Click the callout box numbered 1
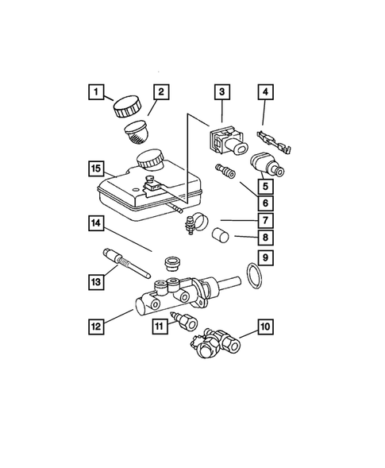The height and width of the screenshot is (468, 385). [x=96, y=92]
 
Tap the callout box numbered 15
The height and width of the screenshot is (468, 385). [x=96, y=169]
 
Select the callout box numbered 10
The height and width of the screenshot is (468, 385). [x=265, y=327]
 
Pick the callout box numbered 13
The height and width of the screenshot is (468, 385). [x=96, y=282]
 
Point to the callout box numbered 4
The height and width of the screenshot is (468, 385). [x=265, y=92]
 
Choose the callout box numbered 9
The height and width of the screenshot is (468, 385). [x=265, y=258]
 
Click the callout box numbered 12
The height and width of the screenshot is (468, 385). [x=96, y=327]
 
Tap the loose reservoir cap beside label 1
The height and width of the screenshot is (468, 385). [x=127, y=106]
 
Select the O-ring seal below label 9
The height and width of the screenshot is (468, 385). [x=254, y=277]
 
